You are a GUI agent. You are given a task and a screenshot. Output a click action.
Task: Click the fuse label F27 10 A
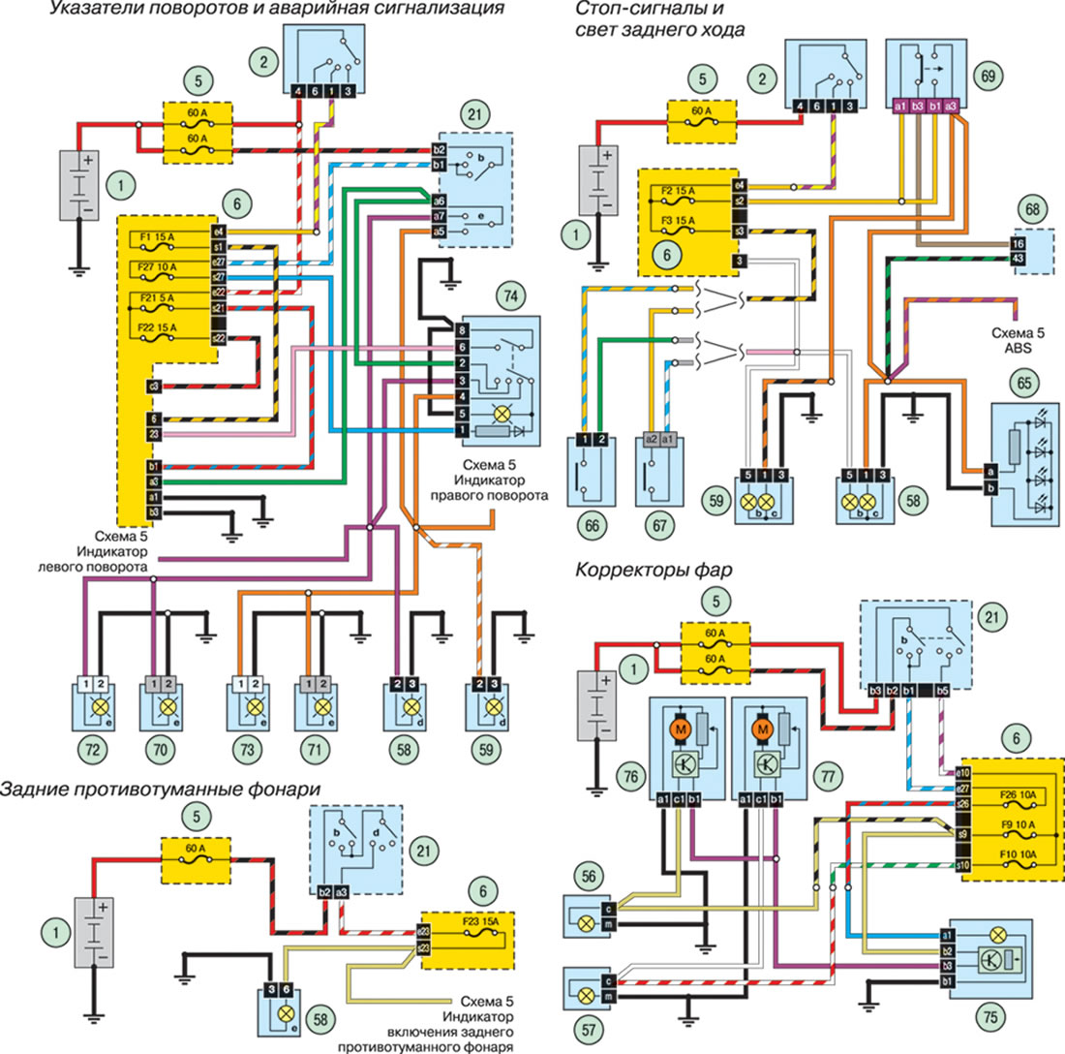(x=157, y=265)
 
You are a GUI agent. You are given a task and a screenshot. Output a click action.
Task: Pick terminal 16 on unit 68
(x=1019, y=242)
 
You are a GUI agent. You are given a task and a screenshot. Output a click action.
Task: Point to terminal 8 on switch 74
(x=463, y=330)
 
